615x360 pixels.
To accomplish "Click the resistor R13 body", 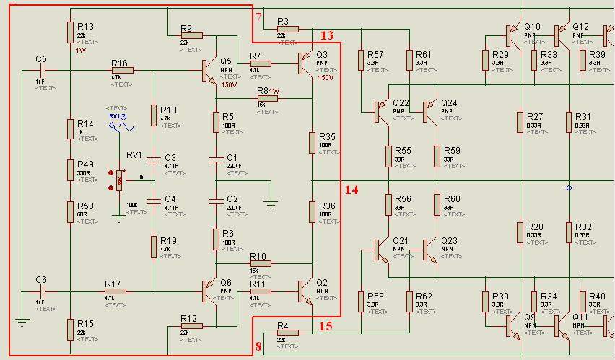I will [x=70, y=32].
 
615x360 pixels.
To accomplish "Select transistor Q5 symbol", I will [x=210, y=70].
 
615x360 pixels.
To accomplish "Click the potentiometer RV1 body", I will [x=120, y=180].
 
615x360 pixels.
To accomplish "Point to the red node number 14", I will [x=352, y=190].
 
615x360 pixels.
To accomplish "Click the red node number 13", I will [x=327, y=35].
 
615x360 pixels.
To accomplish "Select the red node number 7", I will [x=258, y=17].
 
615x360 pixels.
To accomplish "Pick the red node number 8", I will [x=258, y=347].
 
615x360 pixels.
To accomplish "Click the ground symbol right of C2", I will [x=271, y=205].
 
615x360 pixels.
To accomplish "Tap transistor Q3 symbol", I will [x=305, y=63].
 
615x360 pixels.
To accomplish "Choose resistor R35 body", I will [x=312, y=141].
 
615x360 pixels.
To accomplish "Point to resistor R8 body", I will [x=266, y=98].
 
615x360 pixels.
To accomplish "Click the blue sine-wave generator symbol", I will [x=121, y=127].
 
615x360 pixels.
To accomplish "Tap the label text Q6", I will [x=226, y=282].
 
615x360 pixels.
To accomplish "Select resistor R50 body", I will [x=70, y=211].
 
